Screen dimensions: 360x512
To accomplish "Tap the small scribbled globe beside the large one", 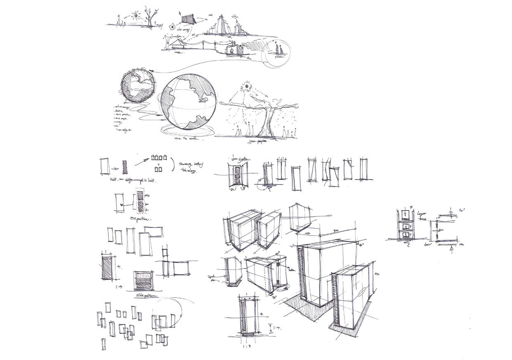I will point(137,86).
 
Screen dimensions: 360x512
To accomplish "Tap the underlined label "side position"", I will point(142,296).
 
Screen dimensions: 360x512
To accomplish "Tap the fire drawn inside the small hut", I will point(232,50).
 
